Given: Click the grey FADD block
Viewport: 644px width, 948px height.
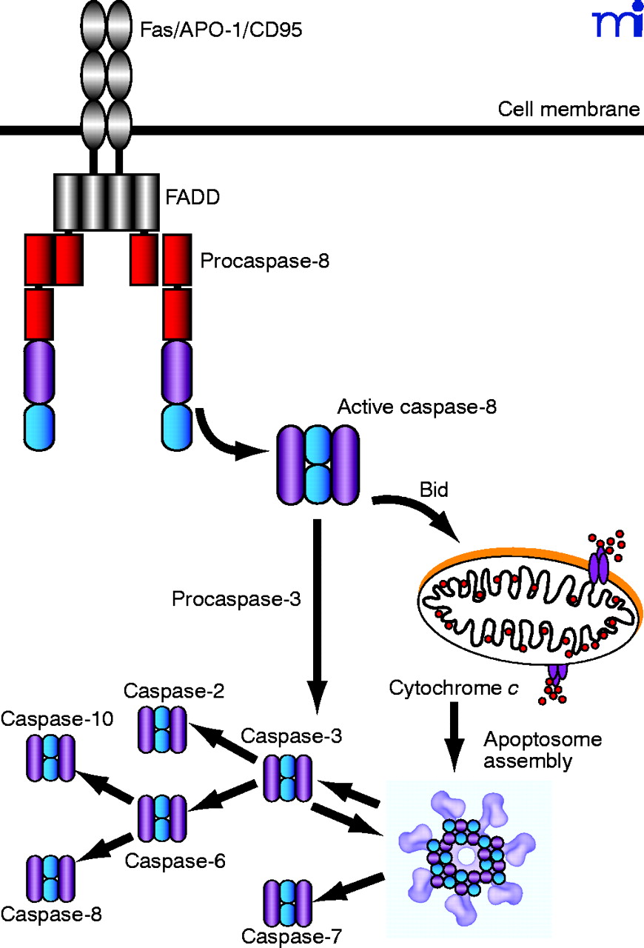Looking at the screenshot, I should click(105, 202).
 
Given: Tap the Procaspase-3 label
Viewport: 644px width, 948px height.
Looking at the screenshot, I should click(236, 598).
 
